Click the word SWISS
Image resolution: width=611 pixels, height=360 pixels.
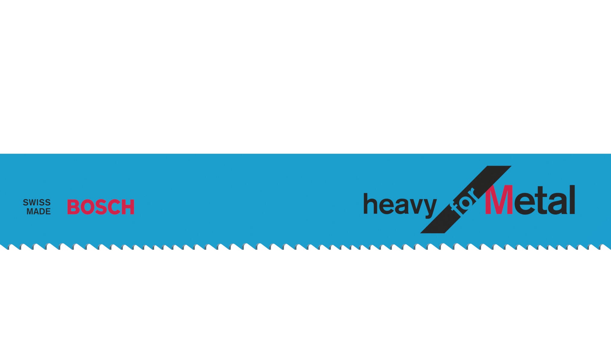click(37, 202)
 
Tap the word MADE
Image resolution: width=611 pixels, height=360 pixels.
click(39, 212)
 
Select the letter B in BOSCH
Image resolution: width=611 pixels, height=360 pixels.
click(73, 207)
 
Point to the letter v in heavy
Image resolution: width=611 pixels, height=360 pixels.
click(414, 206)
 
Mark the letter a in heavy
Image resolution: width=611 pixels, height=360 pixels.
click(399, 206)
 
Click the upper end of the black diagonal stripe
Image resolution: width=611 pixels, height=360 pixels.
click(499, 166)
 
